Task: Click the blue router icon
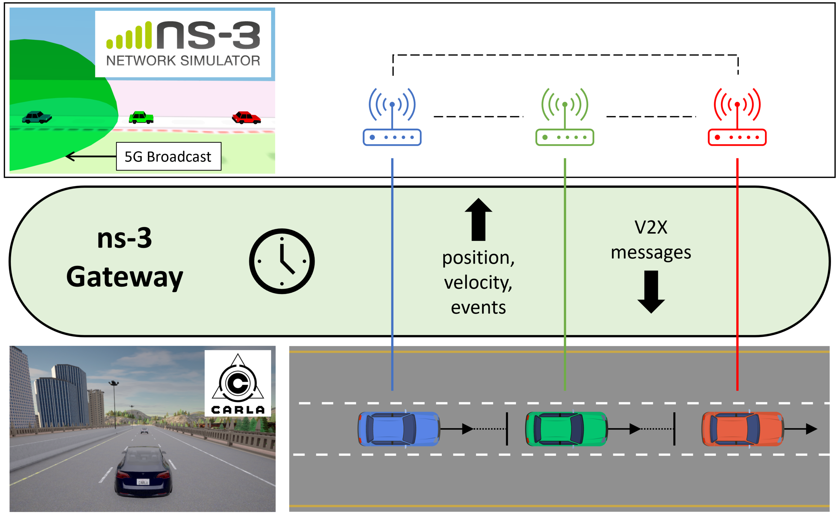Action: point(392,117)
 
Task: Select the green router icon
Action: point(565,117)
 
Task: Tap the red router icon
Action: point(737,117)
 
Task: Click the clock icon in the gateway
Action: point(282,261)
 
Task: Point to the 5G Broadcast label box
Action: point(169,156)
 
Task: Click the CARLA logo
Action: point(238,383)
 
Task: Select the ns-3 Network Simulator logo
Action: point(183,44)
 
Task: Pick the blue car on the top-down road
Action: point(399,429)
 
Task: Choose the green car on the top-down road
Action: point(566,429)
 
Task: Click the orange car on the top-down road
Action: point(743,429)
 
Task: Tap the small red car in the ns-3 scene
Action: point(246,117)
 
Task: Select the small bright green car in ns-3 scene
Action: point(141,117)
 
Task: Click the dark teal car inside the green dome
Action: point(37,117)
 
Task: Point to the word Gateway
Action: point(125,277)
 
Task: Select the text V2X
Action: point(651,227)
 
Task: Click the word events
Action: point(478,308)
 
